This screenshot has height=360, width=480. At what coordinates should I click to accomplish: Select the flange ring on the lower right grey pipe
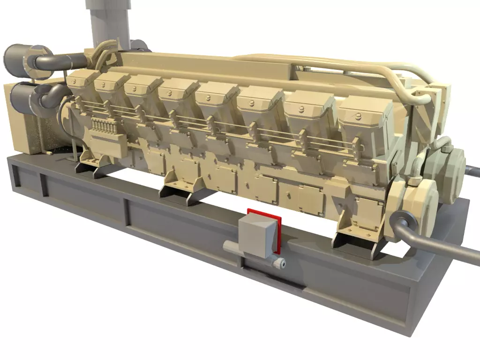[403, 219]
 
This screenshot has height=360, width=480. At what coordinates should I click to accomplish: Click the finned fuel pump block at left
[104, 127]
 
